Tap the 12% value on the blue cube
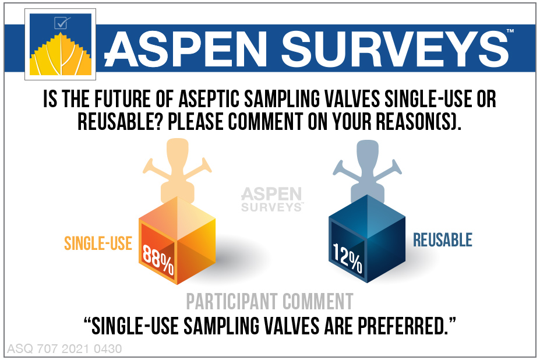[x=348, y=257]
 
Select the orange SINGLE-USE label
[x=98, y=242]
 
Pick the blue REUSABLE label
[x=443, y=239]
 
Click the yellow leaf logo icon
[x=61, y=57]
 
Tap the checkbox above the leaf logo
[x=61, y=23]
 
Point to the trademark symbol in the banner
[x=510, y=30]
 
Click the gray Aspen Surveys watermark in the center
[x=271, y=199]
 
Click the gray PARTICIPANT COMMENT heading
[x=270, y=301]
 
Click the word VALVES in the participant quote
[x=287, y=325]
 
